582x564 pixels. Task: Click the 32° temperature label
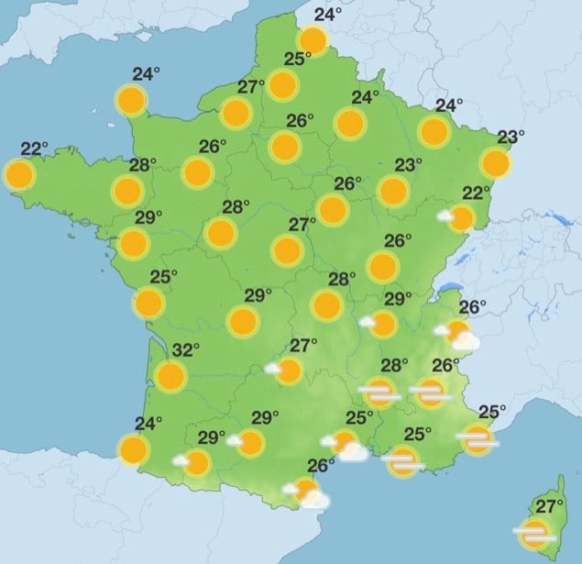point(187,349)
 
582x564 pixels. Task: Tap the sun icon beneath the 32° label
point(171,375)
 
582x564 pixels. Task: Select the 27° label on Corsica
point(550,507)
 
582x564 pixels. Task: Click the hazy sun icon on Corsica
point(533,532)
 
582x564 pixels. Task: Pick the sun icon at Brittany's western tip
point(19,174)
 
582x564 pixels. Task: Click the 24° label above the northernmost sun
point(328,15)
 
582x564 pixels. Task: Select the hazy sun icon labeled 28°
point(379,393)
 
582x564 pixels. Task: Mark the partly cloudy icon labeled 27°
point(287,370)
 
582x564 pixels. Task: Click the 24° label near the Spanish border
point(148,424)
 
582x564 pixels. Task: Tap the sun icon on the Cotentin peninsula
point(132,99)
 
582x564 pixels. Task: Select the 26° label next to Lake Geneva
point(472,307)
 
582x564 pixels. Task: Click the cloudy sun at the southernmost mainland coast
point(311,492)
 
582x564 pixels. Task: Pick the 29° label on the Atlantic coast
point(148,217)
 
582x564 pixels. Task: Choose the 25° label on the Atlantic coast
point(163,277)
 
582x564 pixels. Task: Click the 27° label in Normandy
point(251,88)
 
